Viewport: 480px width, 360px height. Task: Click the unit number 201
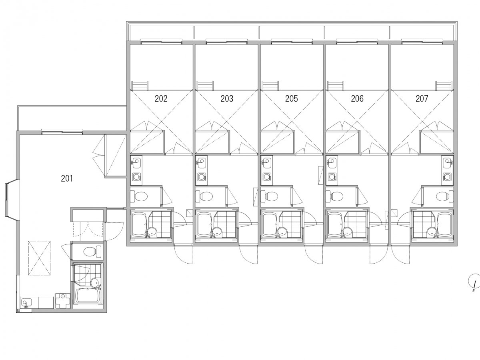coord(67,178)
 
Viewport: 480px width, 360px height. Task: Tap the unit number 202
coord(161,98)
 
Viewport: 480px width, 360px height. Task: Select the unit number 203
coord(227,98)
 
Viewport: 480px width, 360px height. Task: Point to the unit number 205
coord(292,98)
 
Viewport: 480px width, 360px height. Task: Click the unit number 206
coord(357,98)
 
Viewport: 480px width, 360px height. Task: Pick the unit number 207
coord(422,98)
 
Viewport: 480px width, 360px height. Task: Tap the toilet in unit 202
coord(139,196)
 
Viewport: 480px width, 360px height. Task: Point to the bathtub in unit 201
coord(88,295)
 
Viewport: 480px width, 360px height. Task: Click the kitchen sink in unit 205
coord(266,162)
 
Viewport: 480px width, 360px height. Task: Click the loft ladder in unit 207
coord(444,86)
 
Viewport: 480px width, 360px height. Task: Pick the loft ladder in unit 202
coord(140,86)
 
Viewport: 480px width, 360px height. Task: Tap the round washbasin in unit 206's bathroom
coord(348,232)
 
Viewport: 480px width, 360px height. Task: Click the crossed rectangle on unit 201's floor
coord(39,258)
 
